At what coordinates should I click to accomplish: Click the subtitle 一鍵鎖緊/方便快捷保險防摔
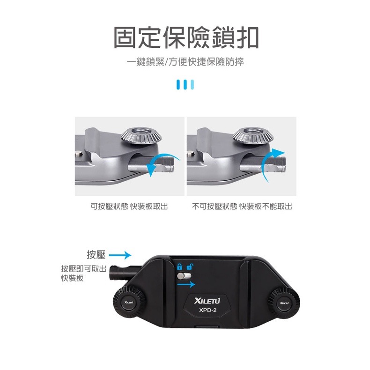point(185,62)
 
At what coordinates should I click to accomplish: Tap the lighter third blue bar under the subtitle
point(192,84)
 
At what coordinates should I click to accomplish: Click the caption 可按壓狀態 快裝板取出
point(129,207)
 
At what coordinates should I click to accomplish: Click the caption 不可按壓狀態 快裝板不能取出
point(242,207)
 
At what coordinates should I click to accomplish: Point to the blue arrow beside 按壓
point(121,255)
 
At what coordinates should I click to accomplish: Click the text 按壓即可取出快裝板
point(83,274)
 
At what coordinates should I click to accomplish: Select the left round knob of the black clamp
point(127,303)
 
